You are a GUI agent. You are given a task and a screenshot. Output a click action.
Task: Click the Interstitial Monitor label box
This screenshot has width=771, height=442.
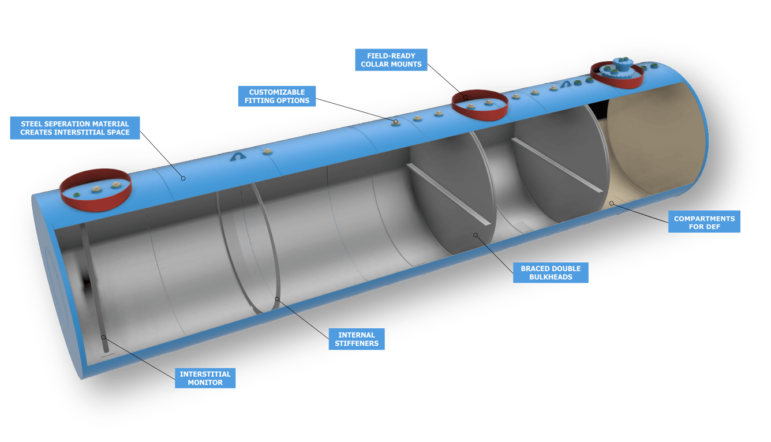(x=205, y=378)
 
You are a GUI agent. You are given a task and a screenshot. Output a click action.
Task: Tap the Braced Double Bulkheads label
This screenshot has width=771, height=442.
(x=551, y=272)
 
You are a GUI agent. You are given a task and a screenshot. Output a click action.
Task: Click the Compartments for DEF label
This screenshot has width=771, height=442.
(x=704, y=222)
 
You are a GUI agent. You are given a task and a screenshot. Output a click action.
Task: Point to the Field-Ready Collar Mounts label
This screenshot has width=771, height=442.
(x=391, y=60)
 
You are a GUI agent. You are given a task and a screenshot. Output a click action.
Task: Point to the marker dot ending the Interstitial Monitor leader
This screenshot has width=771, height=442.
(x=104, y=337)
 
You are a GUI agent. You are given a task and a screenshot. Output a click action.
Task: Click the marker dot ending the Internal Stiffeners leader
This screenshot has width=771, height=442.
(x=278, y=299)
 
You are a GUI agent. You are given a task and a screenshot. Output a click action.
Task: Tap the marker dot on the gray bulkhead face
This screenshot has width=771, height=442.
(x=476, y=235)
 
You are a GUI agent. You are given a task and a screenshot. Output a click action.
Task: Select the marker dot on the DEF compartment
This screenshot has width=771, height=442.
(x=611, y=203)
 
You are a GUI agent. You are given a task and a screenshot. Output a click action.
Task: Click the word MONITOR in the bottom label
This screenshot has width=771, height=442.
(x=205, y=383)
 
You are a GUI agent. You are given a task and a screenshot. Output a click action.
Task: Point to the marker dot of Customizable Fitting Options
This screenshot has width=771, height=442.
(x=396, y=122)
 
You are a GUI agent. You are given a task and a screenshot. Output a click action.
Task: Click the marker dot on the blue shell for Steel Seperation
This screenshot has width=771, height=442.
(x=183, y=178)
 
